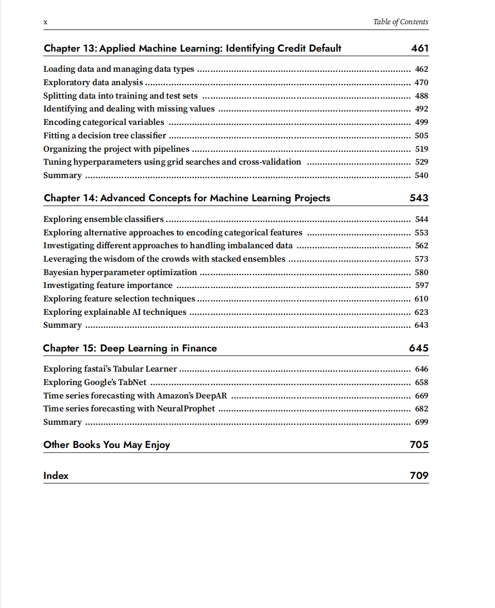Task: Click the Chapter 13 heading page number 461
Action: click(420, 49)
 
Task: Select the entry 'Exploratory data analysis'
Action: click(93, 83)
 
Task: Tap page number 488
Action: click(421, 96)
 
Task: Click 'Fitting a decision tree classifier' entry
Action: click(105, 136)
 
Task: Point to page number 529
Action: click(421, 162)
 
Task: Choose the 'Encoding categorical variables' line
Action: click(104, 122)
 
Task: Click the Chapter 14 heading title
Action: click(187, 198)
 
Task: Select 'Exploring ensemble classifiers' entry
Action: click(103, 219)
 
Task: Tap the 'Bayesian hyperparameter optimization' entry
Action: click(120, 273)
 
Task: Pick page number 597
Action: click(421, 285)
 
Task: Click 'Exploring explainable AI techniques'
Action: click(114, 312)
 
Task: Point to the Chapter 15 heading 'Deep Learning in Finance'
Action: click(130, 348)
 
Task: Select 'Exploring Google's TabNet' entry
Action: click(95, 382)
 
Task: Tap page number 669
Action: click(421, 396)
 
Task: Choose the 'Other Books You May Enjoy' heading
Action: click(107, 445)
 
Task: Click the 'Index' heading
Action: click(56, 476)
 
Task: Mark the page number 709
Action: click(419, 476)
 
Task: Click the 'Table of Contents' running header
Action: click(400, 22)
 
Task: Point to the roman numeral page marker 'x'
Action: click(45, 22)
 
